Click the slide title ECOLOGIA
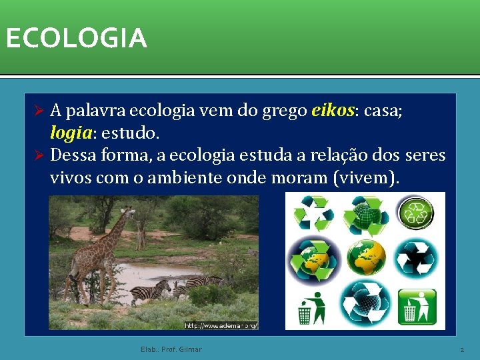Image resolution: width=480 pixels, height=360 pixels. [x=75, y=38]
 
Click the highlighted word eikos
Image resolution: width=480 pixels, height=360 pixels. [x=332, y=111]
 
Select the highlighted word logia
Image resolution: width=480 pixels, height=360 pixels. [x=70, y=133]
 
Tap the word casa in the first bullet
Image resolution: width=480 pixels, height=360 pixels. [x=379, y=111]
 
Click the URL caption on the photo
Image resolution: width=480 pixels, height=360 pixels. [x=221, y=325]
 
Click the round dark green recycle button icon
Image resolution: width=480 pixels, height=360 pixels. [x=416, y=214]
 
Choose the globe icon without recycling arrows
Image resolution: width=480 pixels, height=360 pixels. [x=365, y=257]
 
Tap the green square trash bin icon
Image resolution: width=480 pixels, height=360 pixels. [x=417, y=305]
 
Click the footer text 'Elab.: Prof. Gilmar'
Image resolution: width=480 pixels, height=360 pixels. [x=171, y=349]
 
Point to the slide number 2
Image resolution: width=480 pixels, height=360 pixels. [x=461, y=349]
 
